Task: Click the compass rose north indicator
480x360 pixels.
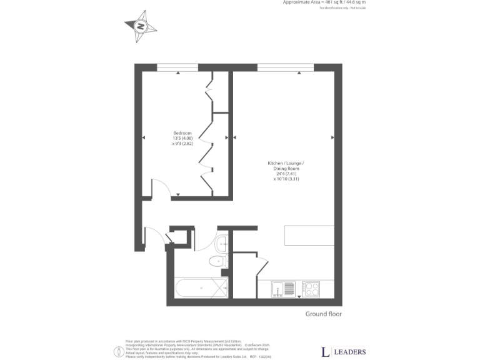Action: pyautogui.click(x=140, y=26)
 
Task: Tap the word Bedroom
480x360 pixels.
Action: pyautogui.click(x=182, y=132)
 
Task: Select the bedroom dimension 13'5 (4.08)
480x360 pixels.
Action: pyautogui.click(x=182, y=138)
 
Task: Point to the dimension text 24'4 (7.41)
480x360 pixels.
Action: pyautogui.click(x=288, y=173)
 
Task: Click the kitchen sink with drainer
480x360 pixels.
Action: pyautogui.click(x=283, y=289)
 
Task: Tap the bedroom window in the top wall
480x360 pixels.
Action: pyautogui.click(x=177, y=67)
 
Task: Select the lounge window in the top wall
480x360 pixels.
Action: pyautogui.click(x=285, y=67)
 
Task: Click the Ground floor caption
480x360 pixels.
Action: pyautogui.click(x=323, y=314)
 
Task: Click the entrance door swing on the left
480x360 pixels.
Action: pyautogui.click(x=153, y=236)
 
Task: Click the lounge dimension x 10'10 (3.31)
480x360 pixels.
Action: pyautogui.click(x=288, y=179)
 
